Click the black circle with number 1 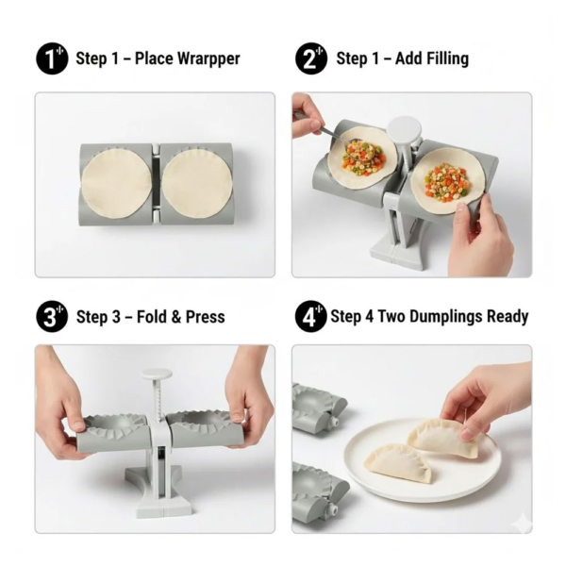52,58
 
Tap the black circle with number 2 310,58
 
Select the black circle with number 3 52,316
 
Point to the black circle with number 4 310,316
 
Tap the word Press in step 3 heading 203,317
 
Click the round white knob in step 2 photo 404,130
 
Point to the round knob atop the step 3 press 157,374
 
